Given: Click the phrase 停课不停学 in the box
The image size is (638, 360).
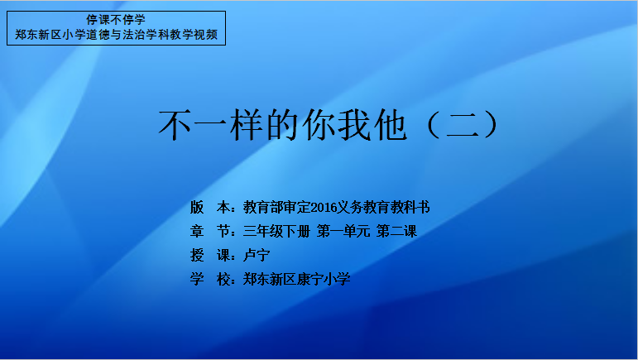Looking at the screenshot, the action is (x=116, y=20).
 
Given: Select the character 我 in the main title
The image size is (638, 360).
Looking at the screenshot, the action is (x=354, y=125).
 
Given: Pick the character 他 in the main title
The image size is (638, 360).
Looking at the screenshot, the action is (x=390, y=125).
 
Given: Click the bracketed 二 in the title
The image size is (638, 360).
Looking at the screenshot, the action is (x=462, y=125).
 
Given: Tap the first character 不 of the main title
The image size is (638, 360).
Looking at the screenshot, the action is (x=175, y=125).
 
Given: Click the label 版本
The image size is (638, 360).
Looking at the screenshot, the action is (x=210, y=208).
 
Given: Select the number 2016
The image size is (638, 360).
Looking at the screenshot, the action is (x=324, y=208).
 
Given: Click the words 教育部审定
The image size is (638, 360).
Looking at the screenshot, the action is (x=276, y=208).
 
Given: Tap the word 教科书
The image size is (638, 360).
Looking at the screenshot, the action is (x=410, y=208).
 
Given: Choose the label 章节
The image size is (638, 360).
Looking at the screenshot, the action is (x=210, y=232).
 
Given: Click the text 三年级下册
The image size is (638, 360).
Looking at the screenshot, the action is (x=276, y=232).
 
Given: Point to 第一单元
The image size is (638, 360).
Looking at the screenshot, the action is (x=343, y=232).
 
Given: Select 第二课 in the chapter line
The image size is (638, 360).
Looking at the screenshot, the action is (x=396, y=232).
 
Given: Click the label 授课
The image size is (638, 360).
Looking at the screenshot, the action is (x=210, y=256).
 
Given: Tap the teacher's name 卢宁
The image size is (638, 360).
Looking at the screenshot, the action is (x=257, y=256).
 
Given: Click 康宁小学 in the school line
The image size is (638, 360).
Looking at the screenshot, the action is (x=324, y=280).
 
